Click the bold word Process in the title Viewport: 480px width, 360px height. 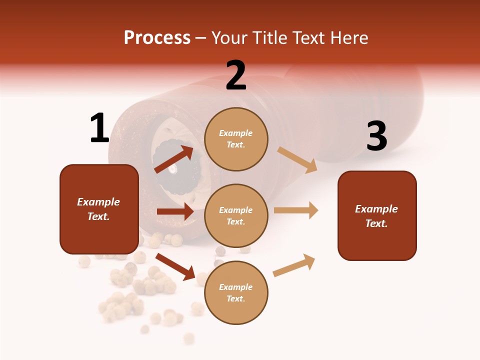[x=157, y=38]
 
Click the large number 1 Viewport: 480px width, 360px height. [x=99, y=128]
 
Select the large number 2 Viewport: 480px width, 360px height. [x=236, y=75]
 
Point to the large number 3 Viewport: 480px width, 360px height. [x=376, y=136]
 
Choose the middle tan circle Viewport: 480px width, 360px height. [x=236, y=215]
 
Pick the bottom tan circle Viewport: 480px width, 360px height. [x=236, y=292]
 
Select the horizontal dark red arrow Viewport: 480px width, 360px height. [x=175, y=211]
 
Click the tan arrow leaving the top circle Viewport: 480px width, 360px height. [x=297, y=160]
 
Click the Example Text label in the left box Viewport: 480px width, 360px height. [x=98, y=209]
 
